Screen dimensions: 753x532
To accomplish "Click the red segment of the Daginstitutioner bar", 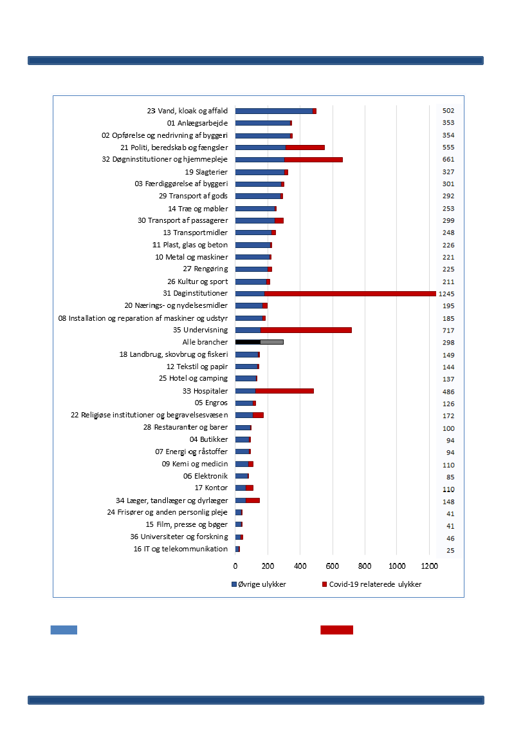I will coord(350,294).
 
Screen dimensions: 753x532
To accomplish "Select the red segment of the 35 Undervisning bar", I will coord(306,330).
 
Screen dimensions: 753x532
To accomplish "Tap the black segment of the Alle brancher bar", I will coord(248,342).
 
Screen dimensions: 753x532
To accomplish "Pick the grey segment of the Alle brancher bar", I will coord(271,342).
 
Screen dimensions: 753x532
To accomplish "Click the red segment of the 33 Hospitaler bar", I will coord(284,391).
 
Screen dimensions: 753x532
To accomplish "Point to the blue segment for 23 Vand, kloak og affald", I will coord(274,111).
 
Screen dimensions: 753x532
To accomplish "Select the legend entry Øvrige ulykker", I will coord(259,584).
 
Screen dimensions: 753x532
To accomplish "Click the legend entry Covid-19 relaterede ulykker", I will coord(371,584).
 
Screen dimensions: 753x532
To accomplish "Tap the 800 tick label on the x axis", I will coord(365,566).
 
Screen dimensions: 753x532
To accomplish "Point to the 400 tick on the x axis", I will coord(300,566).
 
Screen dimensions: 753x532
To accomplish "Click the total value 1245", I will coord(448,294).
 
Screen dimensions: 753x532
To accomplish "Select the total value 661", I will coord(448,160).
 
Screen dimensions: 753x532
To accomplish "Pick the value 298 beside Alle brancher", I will coord(448,342).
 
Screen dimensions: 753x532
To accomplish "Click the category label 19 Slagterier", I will coord(206,172).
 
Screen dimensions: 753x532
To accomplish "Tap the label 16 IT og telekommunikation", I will coord(181,549).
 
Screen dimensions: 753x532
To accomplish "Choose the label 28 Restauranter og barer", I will coord(185,427).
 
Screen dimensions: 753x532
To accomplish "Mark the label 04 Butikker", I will coord(208,439).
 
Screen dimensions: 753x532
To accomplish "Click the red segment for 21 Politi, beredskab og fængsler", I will coord(305,148).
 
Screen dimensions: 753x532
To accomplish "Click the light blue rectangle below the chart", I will coord(64,630).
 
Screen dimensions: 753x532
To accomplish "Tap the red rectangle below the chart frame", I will coord(336,630).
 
